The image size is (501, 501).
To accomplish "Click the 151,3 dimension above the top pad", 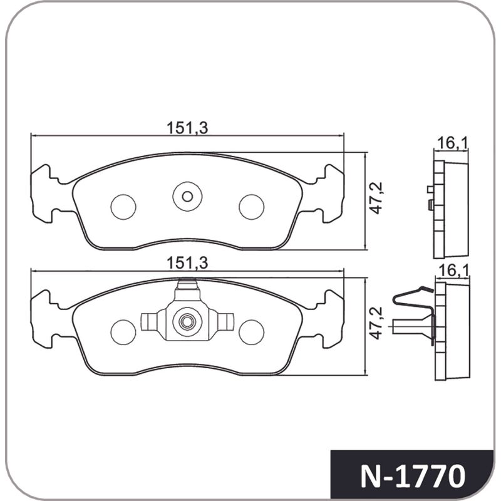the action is click(x=187, y=128).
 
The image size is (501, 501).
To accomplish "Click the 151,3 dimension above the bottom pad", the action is click(x=187, y=263).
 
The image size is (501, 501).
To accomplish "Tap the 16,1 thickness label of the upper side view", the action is click(x=452, y=143).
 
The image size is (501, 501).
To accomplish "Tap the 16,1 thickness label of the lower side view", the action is click(x=453, y=271).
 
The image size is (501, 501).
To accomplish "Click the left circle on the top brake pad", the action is click(x=123, y=207).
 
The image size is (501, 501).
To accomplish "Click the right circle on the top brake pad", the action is click(x=252, y=207).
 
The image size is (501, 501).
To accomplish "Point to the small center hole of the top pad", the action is click(x=187, y=197).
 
